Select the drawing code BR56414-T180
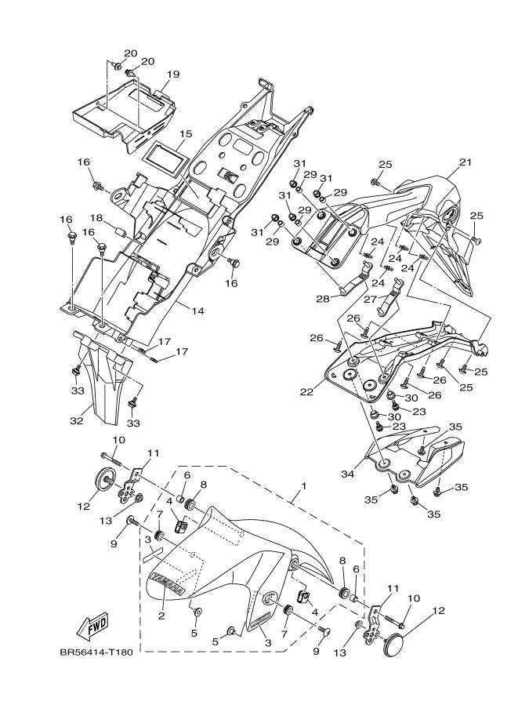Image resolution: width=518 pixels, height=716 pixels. coord(96,652)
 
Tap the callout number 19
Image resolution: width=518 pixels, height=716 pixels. coord(173,74)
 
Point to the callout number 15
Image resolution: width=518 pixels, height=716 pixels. coord(186,134)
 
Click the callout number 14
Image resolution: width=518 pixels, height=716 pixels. coord(197,311)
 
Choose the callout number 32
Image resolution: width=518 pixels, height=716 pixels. coord(77,420)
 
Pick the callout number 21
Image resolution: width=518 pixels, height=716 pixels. coord(465,162)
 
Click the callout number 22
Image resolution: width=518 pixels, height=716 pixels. coord(307,391)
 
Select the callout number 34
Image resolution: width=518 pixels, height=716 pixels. coord(348,474)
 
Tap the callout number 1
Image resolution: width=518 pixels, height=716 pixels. coord(304,486)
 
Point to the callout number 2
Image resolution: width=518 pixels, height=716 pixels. coord(161,616)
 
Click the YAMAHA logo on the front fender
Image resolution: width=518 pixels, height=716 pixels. coord(168,583)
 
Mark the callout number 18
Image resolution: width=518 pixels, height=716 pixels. coord(96,217)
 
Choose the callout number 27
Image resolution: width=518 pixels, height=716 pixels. coord(369,300)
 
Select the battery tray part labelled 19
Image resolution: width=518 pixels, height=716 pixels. coord(123,113)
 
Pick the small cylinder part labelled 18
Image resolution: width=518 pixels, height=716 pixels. coord(121,232)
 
